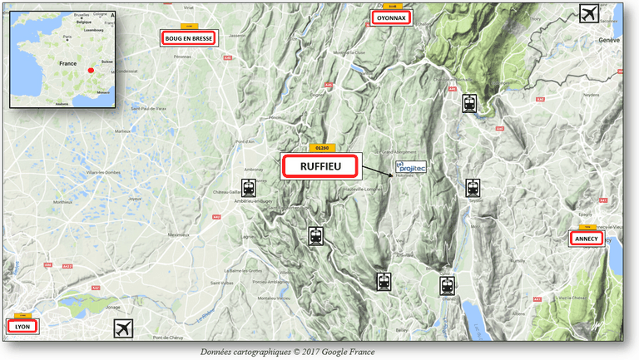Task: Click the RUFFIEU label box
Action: click(x=320, y=166)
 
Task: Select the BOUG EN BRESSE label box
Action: click(x=190, y=38)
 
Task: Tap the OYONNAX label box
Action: click(x=390, y=17)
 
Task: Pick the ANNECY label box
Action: click(x=585, y=239)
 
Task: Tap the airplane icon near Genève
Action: click(x=590, y=13)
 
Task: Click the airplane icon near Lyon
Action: click(x=123, y=328)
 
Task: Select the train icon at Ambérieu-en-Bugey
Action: click(x=249, y=188)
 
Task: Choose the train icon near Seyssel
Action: click(x=473, y=188)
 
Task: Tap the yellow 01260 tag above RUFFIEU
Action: click(x=319, y=147)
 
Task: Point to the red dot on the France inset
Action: click(x=91, y=70)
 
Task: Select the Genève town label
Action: click(x=611, y=40)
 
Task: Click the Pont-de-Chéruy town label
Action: click(x=168, y=338)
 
